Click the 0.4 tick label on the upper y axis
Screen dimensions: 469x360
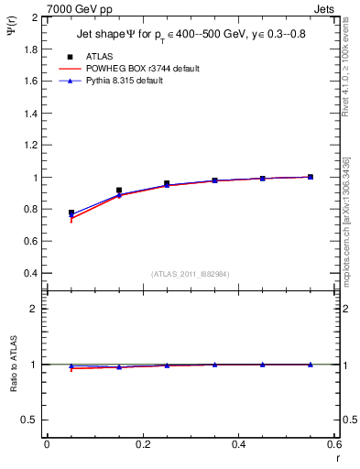click(x=30, y=273)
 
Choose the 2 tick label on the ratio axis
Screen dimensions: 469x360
click(x=36, y=309)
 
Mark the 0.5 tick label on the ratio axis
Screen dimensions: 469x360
click(x=30, y=420)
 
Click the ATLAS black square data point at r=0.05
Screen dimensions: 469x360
click(x=71, y=213)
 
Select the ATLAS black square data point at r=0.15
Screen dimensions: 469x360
click(x=119, y=191)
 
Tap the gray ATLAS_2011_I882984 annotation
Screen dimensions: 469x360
click(x=191, y=274)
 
